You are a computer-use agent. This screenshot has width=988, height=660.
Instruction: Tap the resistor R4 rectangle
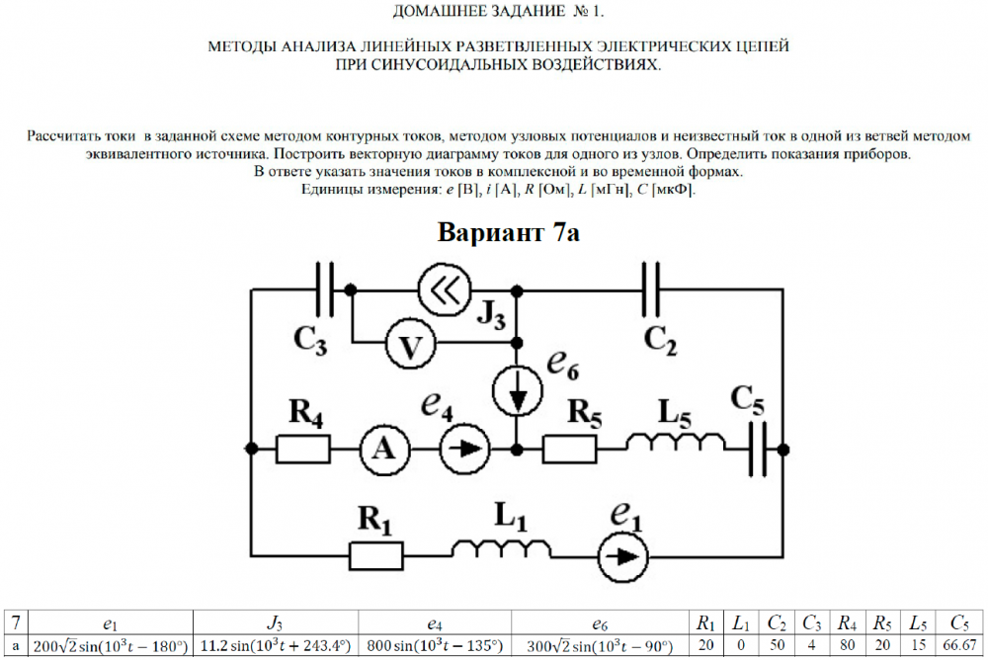point(302,450)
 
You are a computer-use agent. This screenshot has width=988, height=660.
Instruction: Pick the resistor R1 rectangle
point(375,554)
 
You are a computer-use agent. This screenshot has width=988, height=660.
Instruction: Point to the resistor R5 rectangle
point(570,450)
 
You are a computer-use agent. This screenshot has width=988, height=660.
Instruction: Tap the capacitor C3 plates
point(328,290)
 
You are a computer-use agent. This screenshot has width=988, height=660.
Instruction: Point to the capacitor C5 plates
point(759,450)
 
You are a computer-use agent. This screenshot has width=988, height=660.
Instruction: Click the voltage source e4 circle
point(462,450)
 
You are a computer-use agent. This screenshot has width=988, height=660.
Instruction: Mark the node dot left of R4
point(253,450)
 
